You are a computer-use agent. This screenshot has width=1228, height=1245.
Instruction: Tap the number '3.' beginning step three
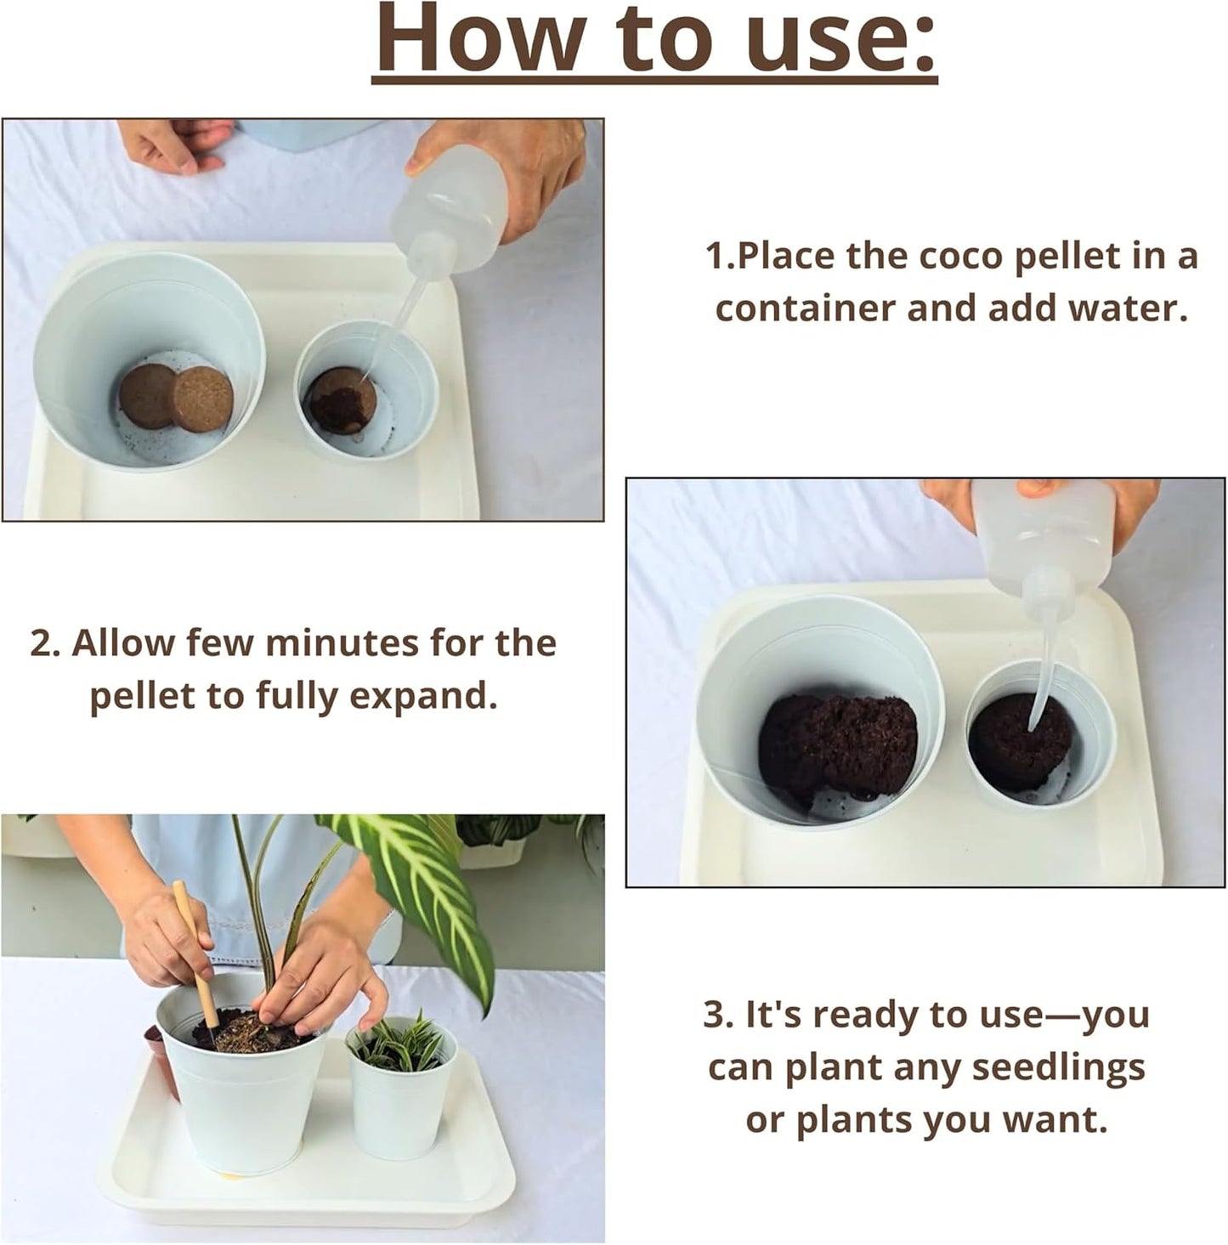(718, 1014)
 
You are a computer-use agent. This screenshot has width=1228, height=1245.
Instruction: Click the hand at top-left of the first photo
(174, 144)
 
